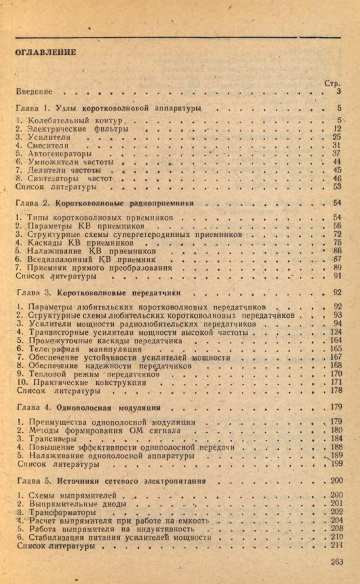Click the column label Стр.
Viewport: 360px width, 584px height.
point(332,83)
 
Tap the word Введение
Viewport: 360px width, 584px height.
point(34,91)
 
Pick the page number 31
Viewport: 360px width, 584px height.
point(336,146)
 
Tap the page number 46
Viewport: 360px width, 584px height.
point(336,178)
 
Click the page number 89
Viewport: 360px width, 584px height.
point(336,268)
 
